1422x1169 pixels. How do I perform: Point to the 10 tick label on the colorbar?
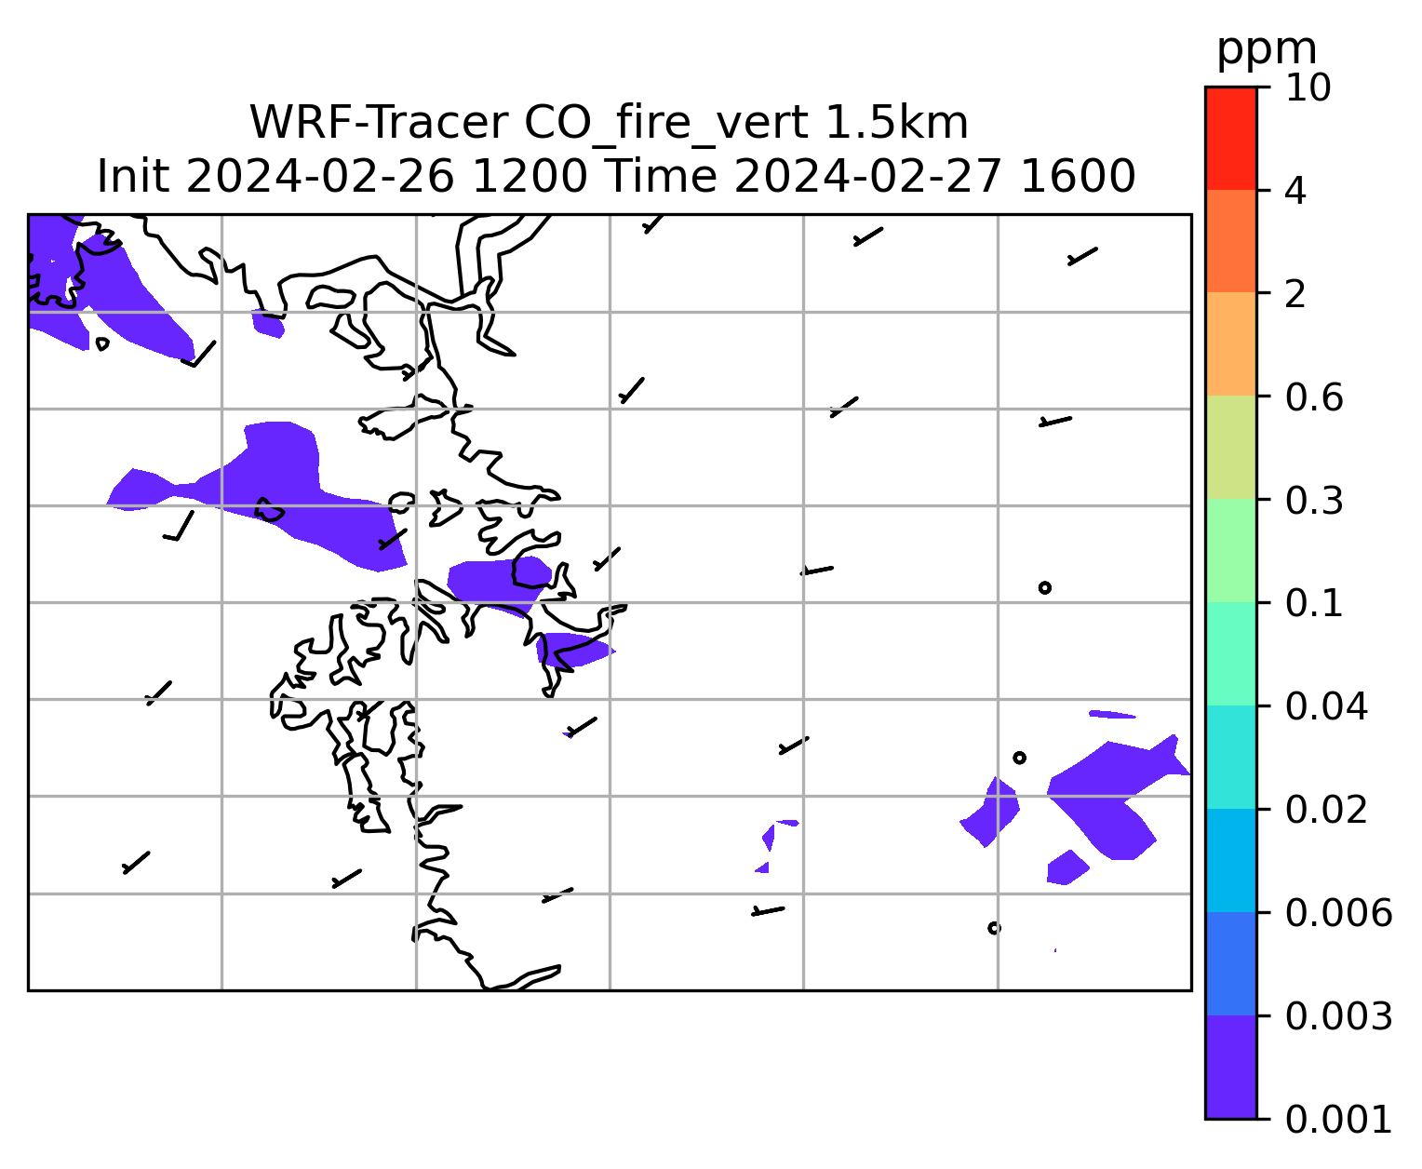[x=1308, y=87]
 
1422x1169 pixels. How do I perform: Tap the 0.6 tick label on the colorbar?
[x=1314, y=397]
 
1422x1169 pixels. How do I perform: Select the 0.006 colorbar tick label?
[x=1338, y=913]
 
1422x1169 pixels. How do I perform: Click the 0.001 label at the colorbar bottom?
[x=1338, y=1120]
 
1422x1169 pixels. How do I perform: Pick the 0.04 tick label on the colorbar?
[x=1326, y=706]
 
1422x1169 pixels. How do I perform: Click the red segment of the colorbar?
[x=1231, y=138]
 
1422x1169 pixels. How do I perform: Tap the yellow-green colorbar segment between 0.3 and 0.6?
[x=1231, y=447]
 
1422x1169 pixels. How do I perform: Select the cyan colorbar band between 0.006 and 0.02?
[x=1231, y=860]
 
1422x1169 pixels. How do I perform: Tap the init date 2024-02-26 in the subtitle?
[x=319, y=177]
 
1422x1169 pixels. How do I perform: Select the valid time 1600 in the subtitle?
[x=1078, y=177]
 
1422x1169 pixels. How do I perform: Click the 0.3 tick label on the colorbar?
[x=1314, y=500]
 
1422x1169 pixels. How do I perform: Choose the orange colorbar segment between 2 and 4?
[x=1231, y=241]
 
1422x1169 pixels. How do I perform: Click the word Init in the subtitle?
[x=133, y=177]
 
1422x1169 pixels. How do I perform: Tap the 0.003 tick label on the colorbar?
[x=1338, y=1016]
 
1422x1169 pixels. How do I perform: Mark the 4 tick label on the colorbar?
[x=1295, y=191]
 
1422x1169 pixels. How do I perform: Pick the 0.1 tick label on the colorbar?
[x=1314, y=603]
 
